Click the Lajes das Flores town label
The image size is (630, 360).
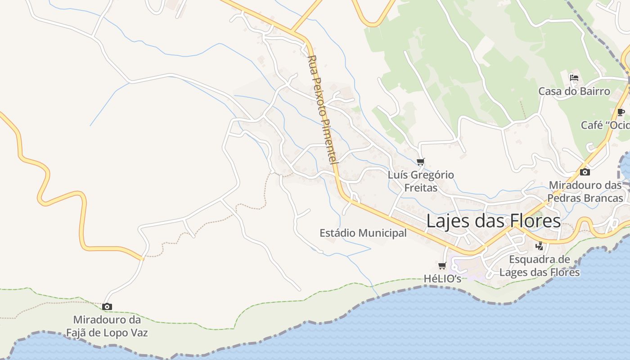(x=493, y=221)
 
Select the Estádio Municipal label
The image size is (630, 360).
(x=363, y=233)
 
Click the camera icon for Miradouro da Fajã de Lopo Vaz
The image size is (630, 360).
(x=107, y=306)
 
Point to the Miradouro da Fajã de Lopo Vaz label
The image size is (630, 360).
(x=107, y=327)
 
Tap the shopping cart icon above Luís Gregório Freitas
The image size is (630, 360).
(x=421, y=162)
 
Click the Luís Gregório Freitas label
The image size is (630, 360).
(x=421, y=181)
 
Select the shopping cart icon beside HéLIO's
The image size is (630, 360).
(x=442, y=265)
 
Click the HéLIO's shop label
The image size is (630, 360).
(x=442, y=279)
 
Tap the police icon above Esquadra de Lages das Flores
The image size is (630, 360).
(x=539, y=246)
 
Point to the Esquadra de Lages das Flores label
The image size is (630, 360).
(x=540, y=266)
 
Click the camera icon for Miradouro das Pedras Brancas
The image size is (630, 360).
(x=585, y=172)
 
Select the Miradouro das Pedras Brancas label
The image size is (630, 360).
(x=585, y=191)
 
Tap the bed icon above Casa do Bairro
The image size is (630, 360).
(x=574, y=77)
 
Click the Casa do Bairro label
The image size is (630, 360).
(x=574, y=91)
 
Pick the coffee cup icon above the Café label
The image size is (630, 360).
(x=621, y=112)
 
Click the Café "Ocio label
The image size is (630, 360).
(x=605, y=125)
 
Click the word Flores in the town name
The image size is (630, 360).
(x=535, y=221)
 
